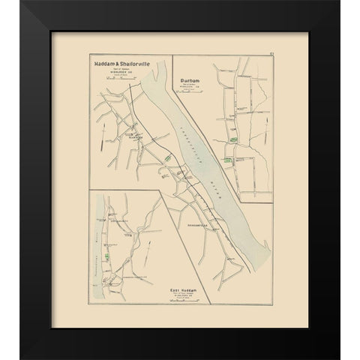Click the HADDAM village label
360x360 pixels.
click(136, 137)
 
